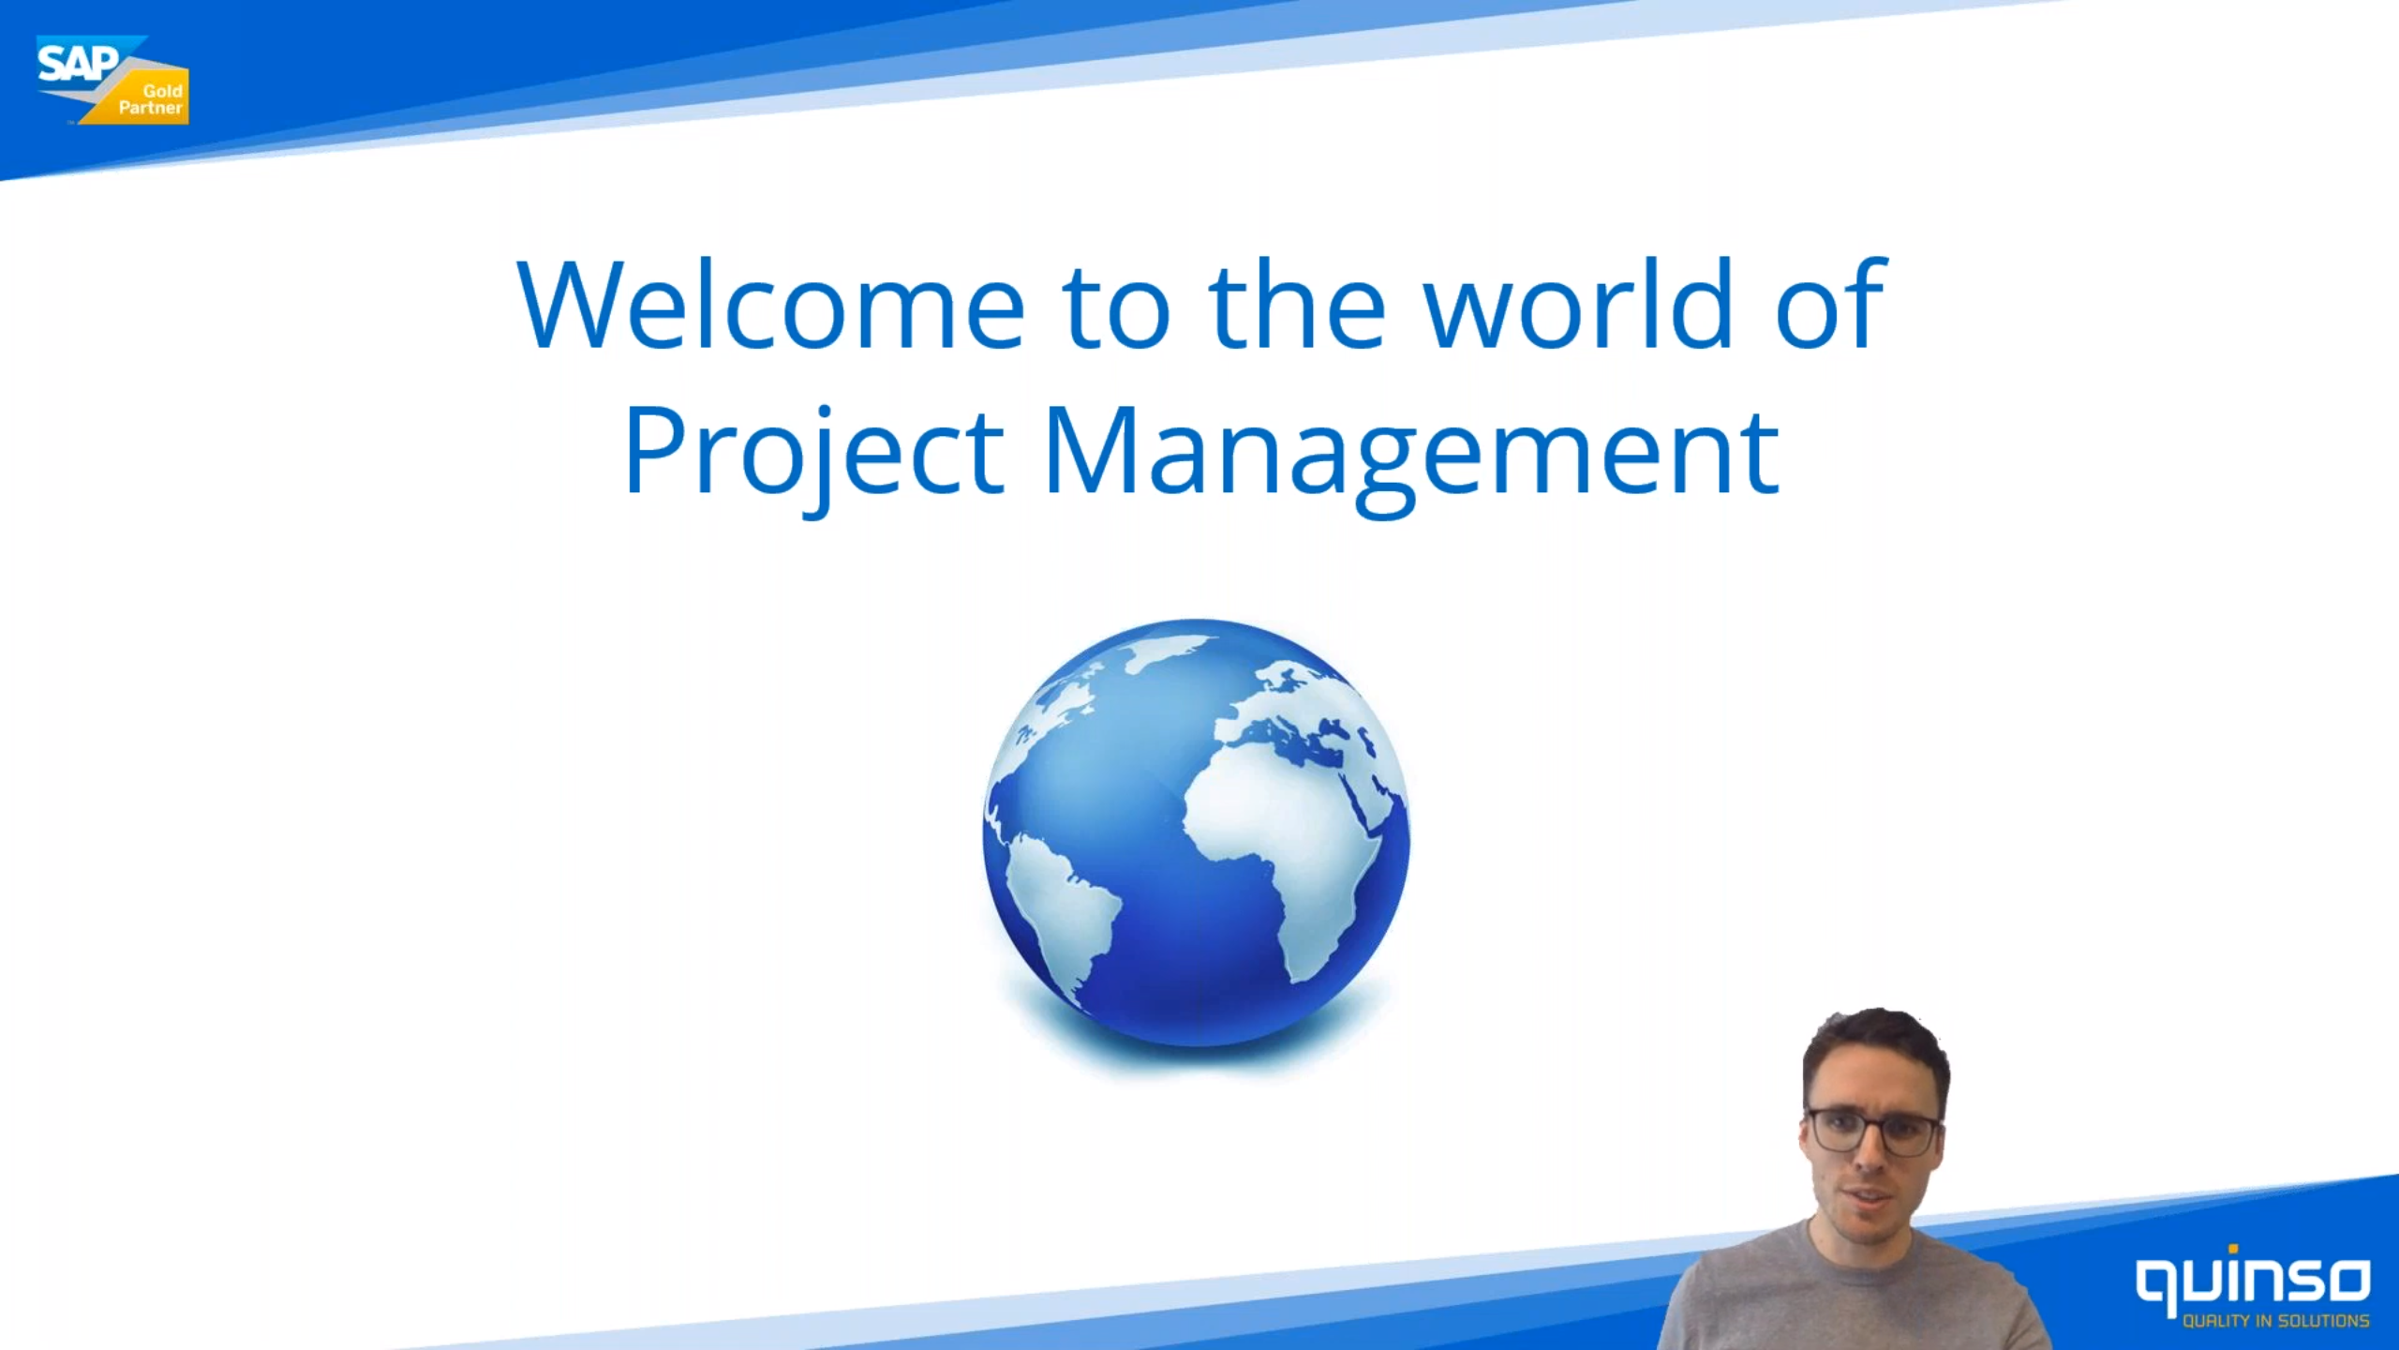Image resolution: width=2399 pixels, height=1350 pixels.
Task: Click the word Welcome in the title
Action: [771, 304]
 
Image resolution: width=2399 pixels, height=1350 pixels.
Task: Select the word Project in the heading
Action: [814, 456]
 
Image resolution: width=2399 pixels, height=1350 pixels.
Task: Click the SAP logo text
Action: [78, 65]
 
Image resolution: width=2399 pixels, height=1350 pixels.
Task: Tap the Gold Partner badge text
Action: [152, 99]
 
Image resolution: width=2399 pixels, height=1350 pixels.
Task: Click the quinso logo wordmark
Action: [2253, 1281]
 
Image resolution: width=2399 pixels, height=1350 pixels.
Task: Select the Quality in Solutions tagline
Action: [2276, 1321]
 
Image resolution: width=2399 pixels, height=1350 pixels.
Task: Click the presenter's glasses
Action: [1870, 1132]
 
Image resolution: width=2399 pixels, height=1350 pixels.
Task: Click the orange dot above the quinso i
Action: [2233, 1249]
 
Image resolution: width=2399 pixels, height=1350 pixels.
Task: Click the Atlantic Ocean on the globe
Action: [1125, 797]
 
